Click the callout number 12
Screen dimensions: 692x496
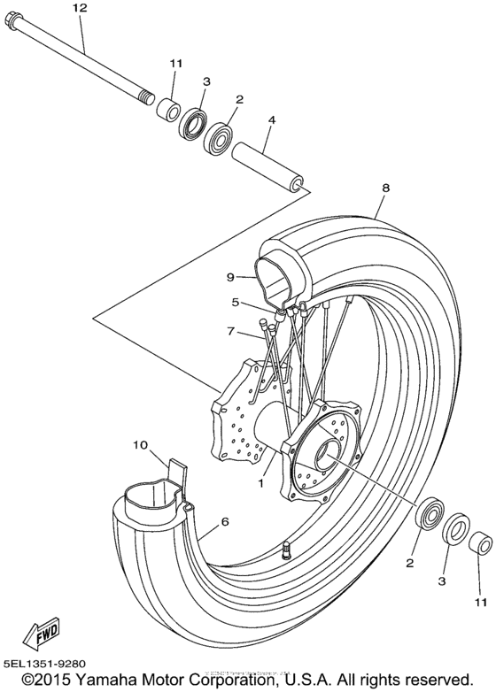81,8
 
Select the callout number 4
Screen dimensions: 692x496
272,119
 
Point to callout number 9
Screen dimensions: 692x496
228,275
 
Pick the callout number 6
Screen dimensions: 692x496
225,522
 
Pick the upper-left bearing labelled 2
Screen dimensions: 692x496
218,138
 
